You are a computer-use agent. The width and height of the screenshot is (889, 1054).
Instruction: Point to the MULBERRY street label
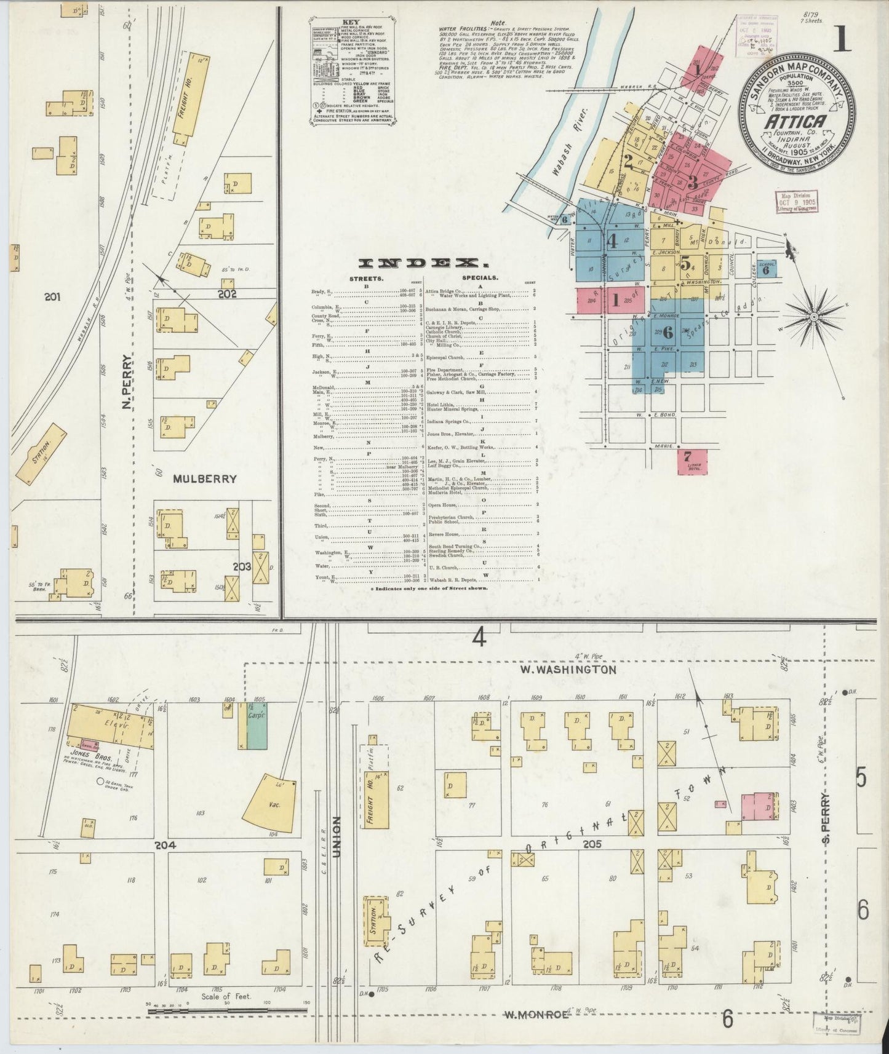point(205,478)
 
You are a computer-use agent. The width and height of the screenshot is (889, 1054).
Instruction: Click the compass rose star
point(813,317)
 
